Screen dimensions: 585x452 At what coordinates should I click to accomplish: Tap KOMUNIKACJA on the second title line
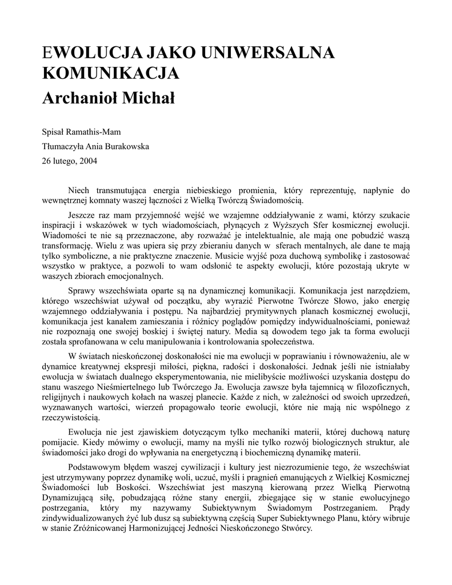pyautogui.click(x=111, y=74)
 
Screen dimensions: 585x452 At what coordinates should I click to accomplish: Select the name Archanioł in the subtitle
pyautogui.click(x=82, y=98)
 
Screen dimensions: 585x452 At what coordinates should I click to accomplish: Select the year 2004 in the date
pyautogui.click(x=87, y=161)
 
